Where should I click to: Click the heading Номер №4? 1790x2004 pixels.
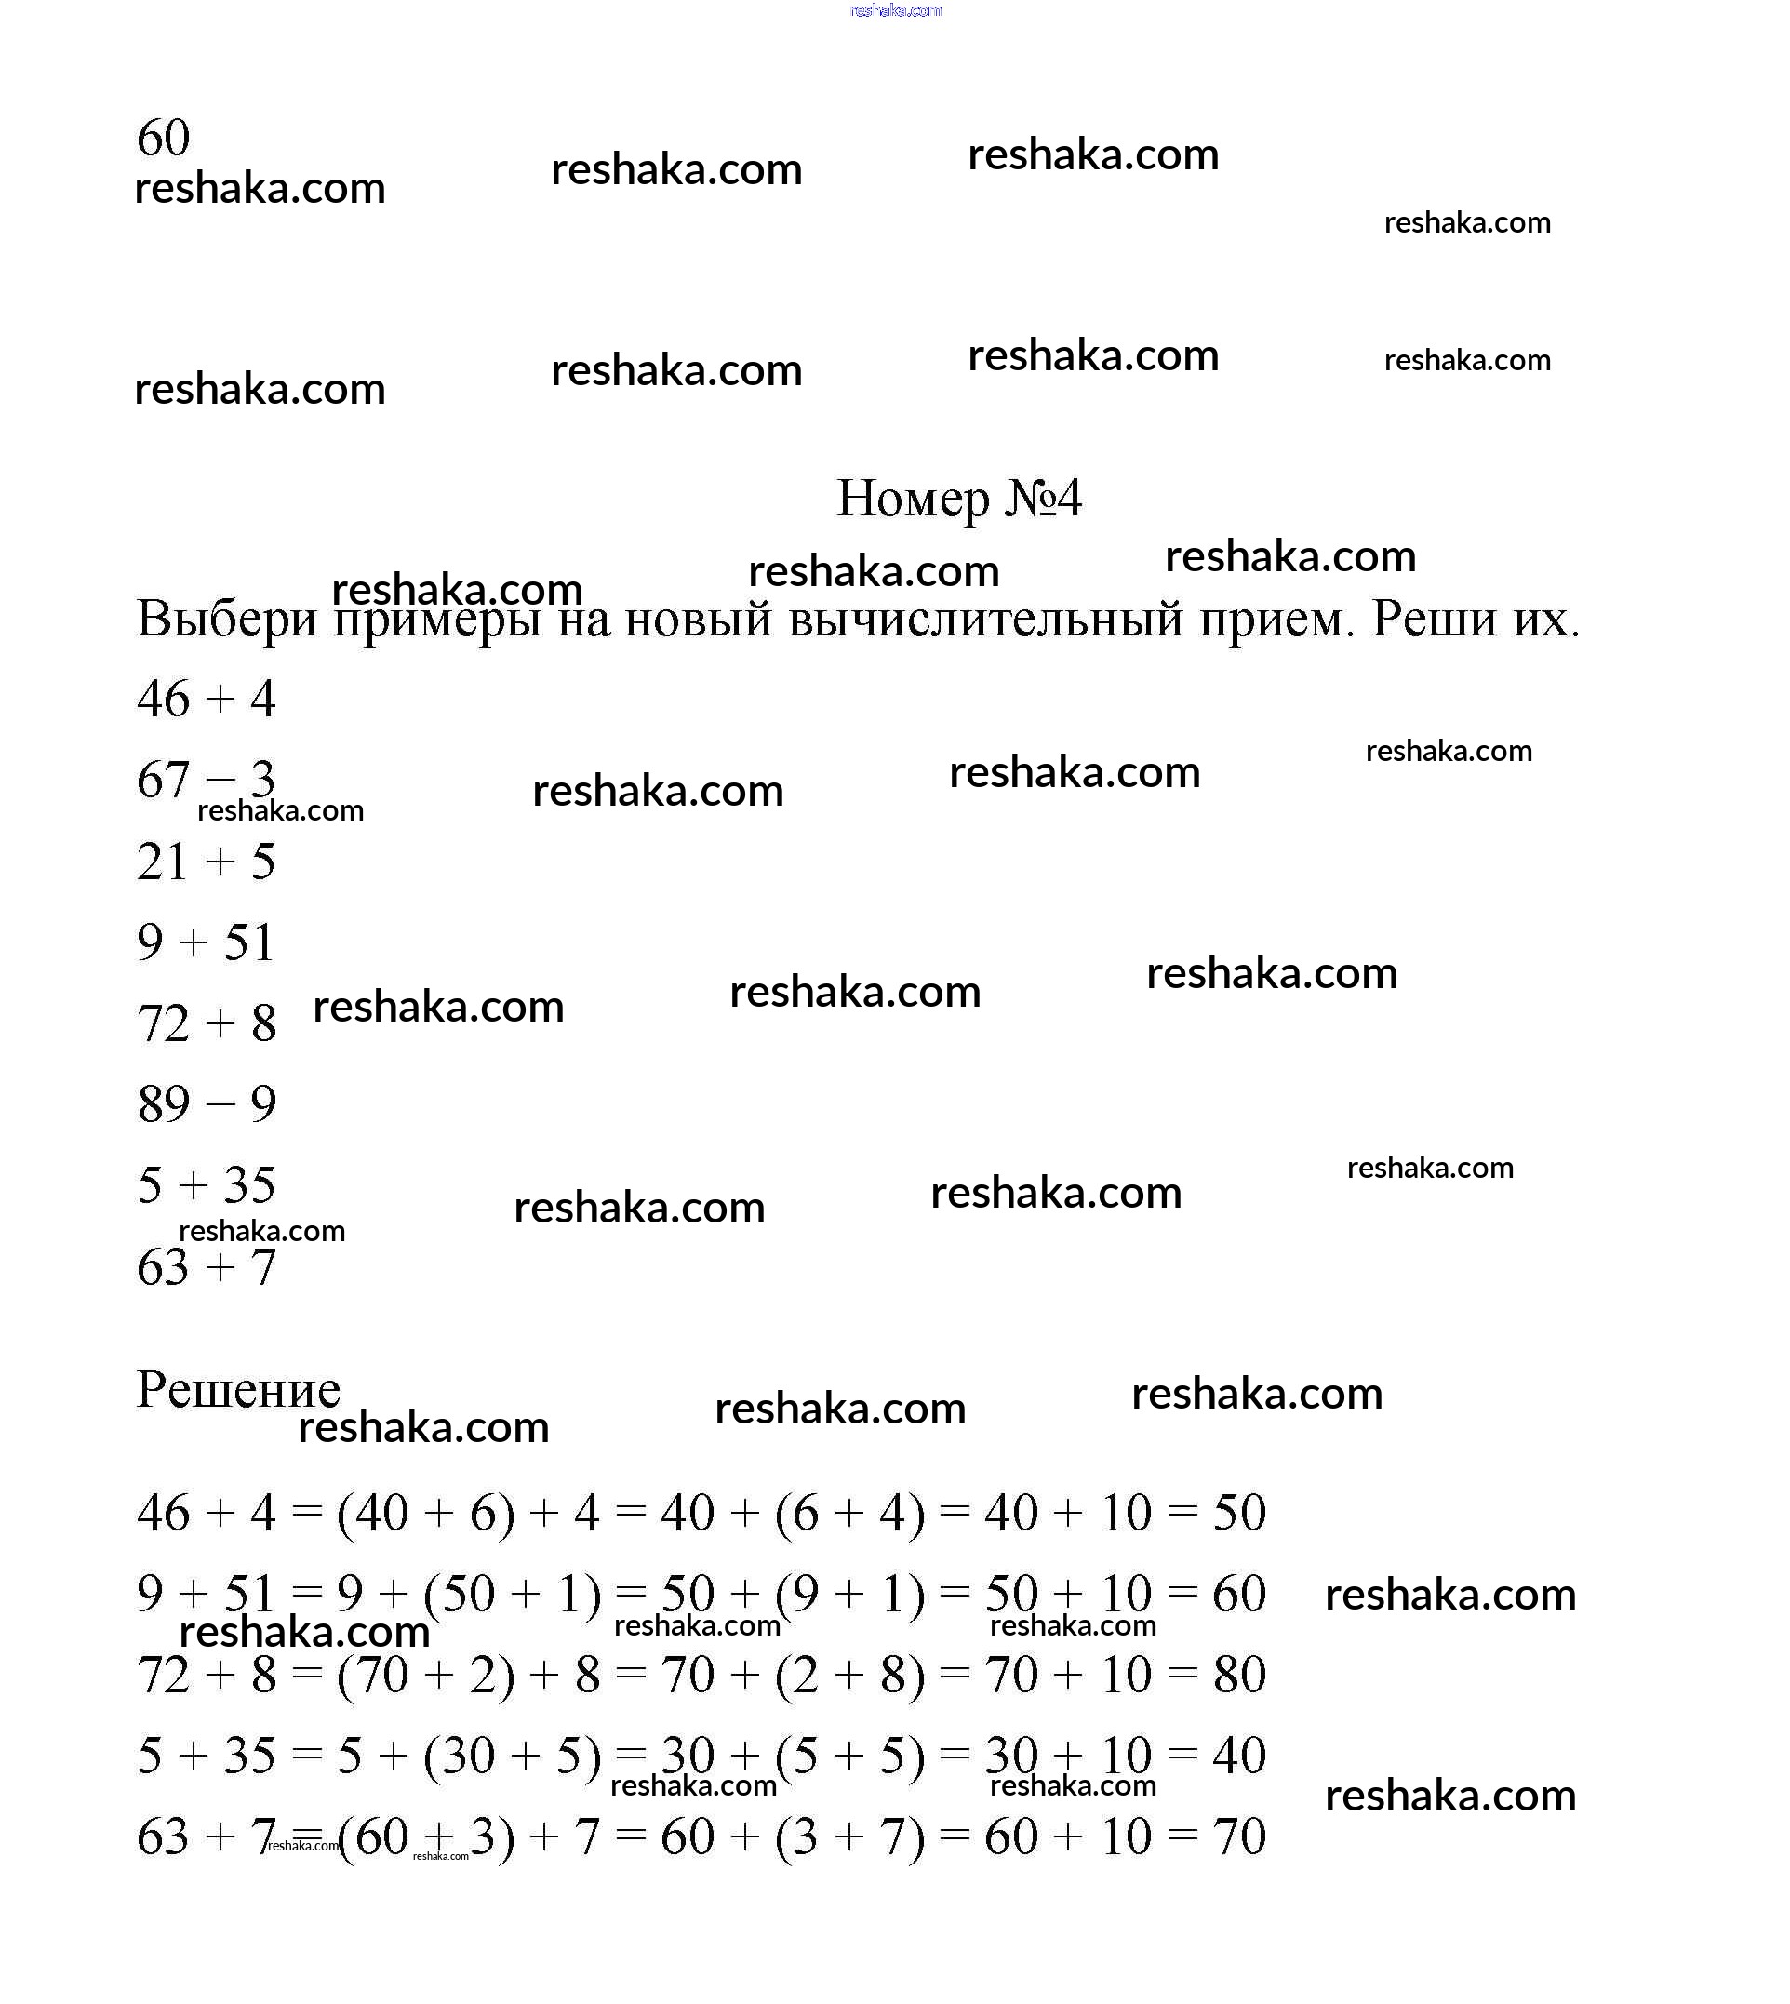pos(959,499)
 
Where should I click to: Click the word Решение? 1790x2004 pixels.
pos(238,1390)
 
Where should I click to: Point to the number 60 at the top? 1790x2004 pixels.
pos(163,137)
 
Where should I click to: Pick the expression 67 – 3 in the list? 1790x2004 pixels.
pos(207,780)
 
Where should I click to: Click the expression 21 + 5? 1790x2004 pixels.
pos(207,862)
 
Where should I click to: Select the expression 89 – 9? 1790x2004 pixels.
pos(207,1103)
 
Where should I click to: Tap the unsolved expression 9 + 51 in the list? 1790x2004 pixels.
pos(207,942)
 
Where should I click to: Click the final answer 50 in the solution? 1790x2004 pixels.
pos(1238,1513)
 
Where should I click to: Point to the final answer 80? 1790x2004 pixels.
pos(1238,1675)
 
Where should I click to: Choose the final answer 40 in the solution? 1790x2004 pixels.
pos(1238,1756)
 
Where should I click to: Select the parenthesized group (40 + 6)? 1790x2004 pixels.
pos(425,1513)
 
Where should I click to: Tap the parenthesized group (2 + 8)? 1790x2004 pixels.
pos(849,1675)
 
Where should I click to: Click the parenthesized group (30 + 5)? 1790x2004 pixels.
pos(513,1756)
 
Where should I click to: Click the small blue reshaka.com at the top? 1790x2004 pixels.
pos(895,10)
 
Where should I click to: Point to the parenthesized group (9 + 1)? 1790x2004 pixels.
pos(849,1594)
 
